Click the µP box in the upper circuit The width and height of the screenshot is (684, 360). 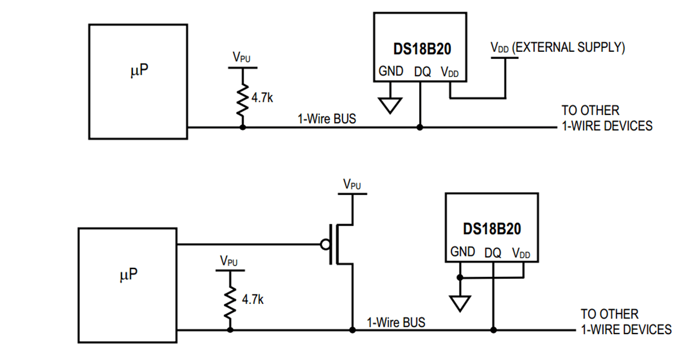(x=138, y=81)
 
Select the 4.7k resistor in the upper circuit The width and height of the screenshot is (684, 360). (x=243, y=99)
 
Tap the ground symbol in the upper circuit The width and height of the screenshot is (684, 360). (x=390, y=104)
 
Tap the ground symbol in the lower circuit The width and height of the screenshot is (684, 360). (x=461, y=303)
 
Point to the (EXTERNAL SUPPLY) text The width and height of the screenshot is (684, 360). (x=568, y=48)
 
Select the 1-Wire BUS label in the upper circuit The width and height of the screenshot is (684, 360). (x=326, y=119)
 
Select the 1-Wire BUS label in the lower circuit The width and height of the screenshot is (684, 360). (x=396, y=322)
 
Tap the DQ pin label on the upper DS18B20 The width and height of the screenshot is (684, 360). (x=422, y=72)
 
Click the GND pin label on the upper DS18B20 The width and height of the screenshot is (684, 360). (x=391, y=71)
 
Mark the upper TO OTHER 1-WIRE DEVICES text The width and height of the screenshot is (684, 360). (x=607, y=118)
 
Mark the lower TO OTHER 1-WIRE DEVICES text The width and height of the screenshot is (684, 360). (x=626, y=321)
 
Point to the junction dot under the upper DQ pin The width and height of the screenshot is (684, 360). (x=420, y=127)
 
